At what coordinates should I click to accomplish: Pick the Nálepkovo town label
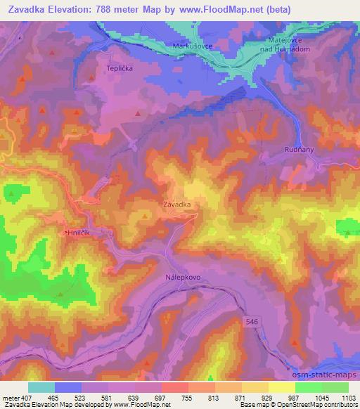pyautogui.click(x=184, y=278)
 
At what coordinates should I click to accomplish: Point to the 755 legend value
pyautogui.click(x=186, y=398)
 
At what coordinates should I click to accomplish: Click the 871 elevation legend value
pyautogui.click(x=240, y=398)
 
